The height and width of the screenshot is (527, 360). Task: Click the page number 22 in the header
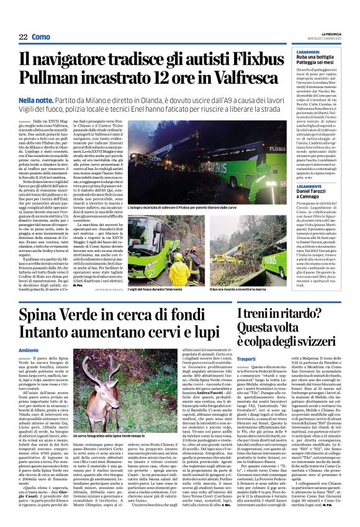coord(23,37)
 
